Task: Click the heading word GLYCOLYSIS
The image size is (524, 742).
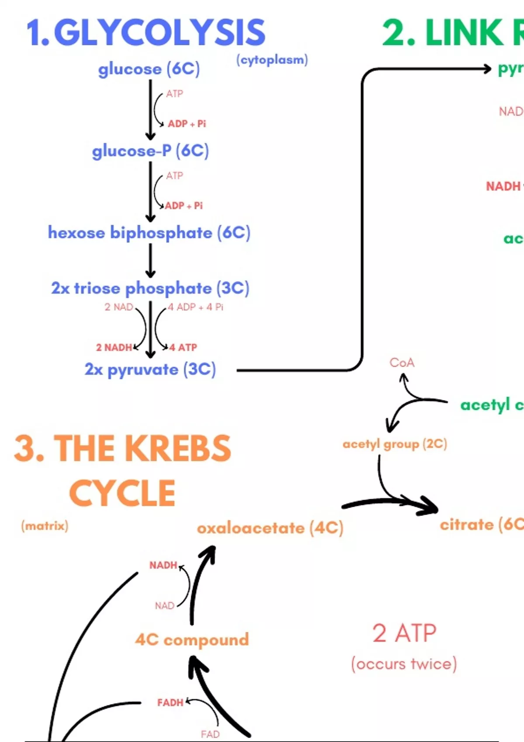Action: [x=159, y=33]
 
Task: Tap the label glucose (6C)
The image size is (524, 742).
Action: [x=149, y=69]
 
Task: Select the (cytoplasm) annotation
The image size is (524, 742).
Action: [x=272, y=60]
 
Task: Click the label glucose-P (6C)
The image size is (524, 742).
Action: [x=150, y=151]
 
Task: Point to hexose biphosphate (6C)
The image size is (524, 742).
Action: [x=149, y=233]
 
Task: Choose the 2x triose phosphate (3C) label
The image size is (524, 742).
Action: [x=150, y=288]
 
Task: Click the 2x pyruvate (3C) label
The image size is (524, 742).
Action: [x=150, y=370]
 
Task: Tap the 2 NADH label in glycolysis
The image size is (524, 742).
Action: [x=114, y=347]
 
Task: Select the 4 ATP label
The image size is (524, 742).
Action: [x=183, y=347]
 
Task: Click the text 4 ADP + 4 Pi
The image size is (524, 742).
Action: [x=196, y=307]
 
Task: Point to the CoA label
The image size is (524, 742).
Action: [x=402, y=363]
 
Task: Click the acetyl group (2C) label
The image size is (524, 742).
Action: [x=395, y=444]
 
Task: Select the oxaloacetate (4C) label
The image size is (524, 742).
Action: [x=270, y=528]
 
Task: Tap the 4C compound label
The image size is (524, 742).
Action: [x=192, y=640]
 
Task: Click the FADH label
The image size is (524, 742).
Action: [x=170, y=703]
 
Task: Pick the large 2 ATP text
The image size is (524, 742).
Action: [x=404, y=633]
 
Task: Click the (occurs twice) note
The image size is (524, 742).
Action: [x=404, y=664]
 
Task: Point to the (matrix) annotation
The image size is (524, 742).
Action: [x=45, y=526]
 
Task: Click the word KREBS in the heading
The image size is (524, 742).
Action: [x=179, y=449]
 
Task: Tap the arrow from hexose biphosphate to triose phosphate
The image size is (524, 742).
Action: [x=151, y=261]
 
